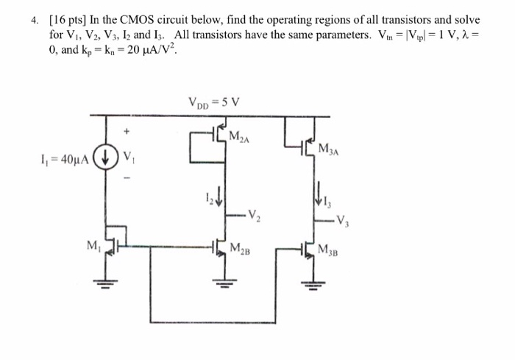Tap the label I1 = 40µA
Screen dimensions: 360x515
click(x=63, y=158)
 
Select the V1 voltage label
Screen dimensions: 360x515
click(x=130, y=157)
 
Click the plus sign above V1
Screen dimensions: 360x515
click(x=127, y=133)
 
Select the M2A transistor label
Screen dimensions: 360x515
click(x=241, y=137)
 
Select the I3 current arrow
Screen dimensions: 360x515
click(x=319, y=193)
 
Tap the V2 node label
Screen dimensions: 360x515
click(x=254, y=215)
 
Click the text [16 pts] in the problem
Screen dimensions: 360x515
click(x=67, y=20)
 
